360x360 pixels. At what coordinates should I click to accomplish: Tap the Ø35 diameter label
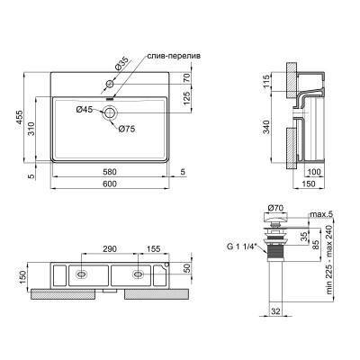click(122, 63)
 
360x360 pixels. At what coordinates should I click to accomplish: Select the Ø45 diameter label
click(84, 110)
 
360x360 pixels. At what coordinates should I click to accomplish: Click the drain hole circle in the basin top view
click(110, 112)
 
